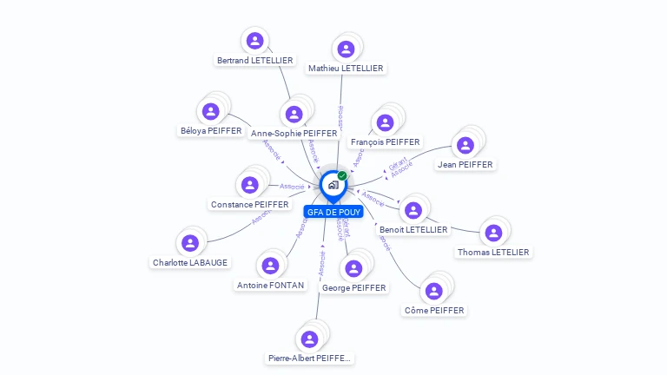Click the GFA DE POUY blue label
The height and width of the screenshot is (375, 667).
pyautogui.click(x=333, y=212)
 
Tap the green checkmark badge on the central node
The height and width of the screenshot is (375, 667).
pyautogui.click(x=342, y=176)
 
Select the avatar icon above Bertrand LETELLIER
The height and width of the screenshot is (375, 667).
pyautogui.click(x=254, y=40)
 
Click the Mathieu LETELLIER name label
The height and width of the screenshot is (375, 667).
pyautogui.click(x=346, y=68)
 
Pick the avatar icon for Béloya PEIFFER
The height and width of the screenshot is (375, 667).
pyautogui.click(x=210, y=111)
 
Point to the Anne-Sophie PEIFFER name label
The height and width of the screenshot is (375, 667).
pyautogui.click(x=294, y=134)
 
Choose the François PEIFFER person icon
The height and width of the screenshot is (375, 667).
pyautogui.click(x=385, y=122)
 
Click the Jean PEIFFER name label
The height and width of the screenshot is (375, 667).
pyautogui.click(x=465, y=164)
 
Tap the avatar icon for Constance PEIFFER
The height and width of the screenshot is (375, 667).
pyautogui.click(x=250, y=185)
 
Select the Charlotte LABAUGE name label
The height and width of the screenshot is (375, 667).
pyautogui.click(x=190, y=262)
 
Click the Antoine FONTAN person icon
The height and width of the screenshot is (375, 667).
pyautogui.click(x=270, y=265)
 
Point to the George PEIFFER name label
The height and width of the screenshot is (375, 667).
pyautogui.click(x=353, y=287)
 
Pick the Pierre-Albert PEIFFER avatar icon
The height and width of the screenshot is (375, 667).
pyautogui.click(x=308, y=339)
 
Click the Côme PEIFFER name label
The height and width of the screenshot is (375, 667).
pyautogui.click(x=434, y=310)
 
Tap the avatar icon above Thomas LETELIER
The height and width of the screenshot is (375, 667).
pyautogui.click(x=493, y=233)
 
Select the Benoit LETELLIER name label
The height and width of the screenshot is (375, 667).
pyautogui.click(x=413, y=230)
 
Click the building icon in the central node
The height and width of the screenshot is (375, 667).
pyautogui.click(x=332, y=185)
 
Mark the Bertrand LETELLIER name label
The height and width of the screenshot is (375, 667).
pyautogui.click(x=254, y=61)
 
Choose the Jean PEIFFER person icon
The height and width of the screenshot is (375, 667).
pyautogui.click(x=466, y=145)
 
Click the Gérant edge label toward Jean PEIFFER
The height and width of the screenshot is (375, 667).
pyautogui.click(x=397, y=163)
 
